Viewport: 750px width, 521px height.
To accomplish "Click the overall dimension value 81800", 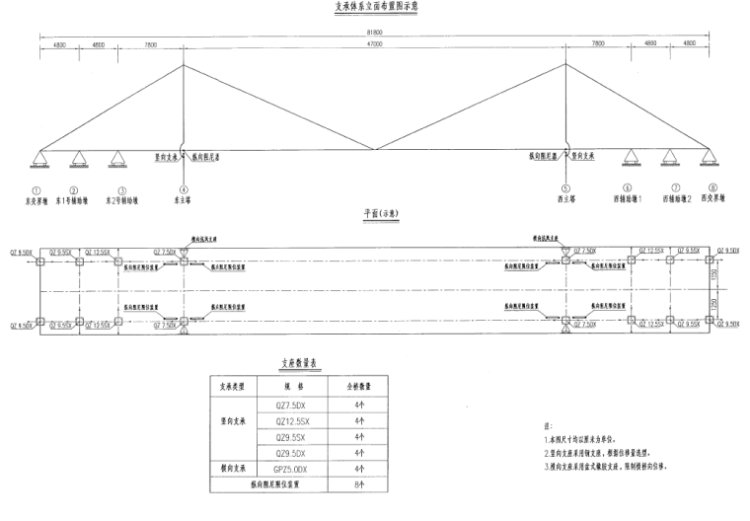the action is [373, 33].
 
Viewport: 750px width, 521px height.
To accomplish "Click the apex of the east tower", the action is [183, 65].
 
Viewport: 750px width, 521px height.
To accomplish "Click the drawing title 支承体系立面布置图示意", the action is [373, 7].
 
